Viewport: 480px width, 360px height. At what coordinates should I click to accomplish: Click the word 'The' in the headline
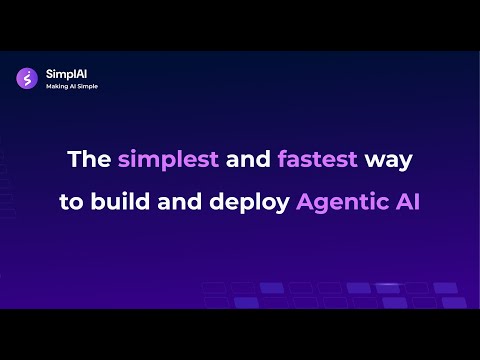pos(88,159)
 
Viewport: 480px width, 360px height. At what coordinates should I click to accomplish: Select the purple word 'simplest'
pos(163,160)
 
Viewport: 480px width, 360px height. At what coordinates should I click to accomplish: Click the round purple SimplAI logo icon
pos(27,78)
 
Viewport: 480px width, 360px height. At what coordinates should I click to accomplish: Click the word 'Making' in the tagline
pos(56,86)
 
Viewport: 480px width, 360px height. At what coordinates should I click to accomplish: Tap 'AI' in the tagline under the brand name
pos(72,86)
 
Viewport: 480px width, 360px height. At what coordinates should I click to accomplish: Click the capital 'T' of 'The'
pos(74,159)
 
